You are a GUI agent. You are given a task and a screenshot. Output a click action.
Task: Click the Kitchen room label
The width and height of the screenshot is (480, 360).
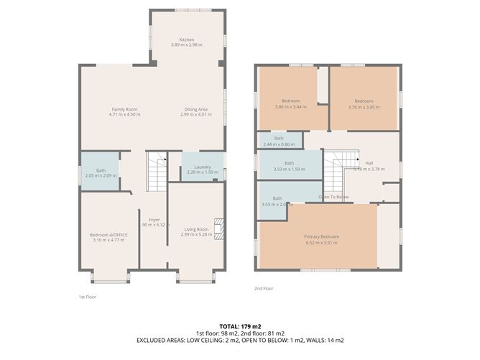[x=187, y=40]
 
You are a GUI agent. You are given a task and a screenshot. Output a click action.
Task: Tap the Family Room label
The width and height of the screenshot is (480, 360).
[x=123, y=109]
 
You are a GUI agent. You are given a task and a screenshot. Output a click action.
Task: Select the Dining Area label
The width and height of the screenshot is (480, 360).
[x=194, y=109]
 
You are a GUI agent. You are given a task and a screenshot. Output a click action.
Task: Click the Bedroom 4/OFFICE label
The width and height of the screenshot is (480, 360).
[x=107, y=235]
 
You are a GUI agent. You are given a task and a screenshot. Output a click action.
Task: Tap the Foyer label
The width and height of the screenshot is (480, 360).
[x=154, y=219]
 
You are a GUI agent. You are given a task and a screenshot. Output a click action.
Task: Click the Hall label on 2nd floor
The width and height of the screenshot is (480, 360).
[x=369, y=163]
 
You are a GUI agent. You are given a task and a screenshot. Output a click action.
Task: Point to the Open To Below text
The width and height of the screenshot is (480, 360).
[x=334, y=197]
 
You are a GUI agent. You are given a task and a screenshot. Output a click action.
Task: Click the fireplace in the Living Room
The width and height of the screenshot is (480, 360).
[x=221, y=229]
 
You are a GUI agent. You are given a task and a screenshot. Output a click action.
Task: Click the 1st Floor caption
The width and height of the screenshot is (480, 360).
[x=87, y=297]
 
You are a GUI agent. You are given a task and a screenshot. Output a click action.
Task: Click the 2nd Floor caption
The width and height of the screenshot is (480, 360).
[x=264, y=288]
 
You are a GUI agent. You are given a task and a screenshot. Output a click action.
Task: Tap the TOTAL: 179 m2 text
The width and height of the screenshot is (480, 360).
[x=240, y=326]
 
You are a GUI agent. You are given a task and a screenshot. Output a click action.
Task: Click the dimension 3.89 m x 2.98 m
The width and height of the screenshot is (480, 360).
[x=187, y=45]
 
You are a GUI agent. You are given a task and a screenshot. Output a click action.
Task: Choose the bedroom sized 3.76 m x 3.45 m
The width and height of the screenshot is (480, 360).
[x=363, y=103]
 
